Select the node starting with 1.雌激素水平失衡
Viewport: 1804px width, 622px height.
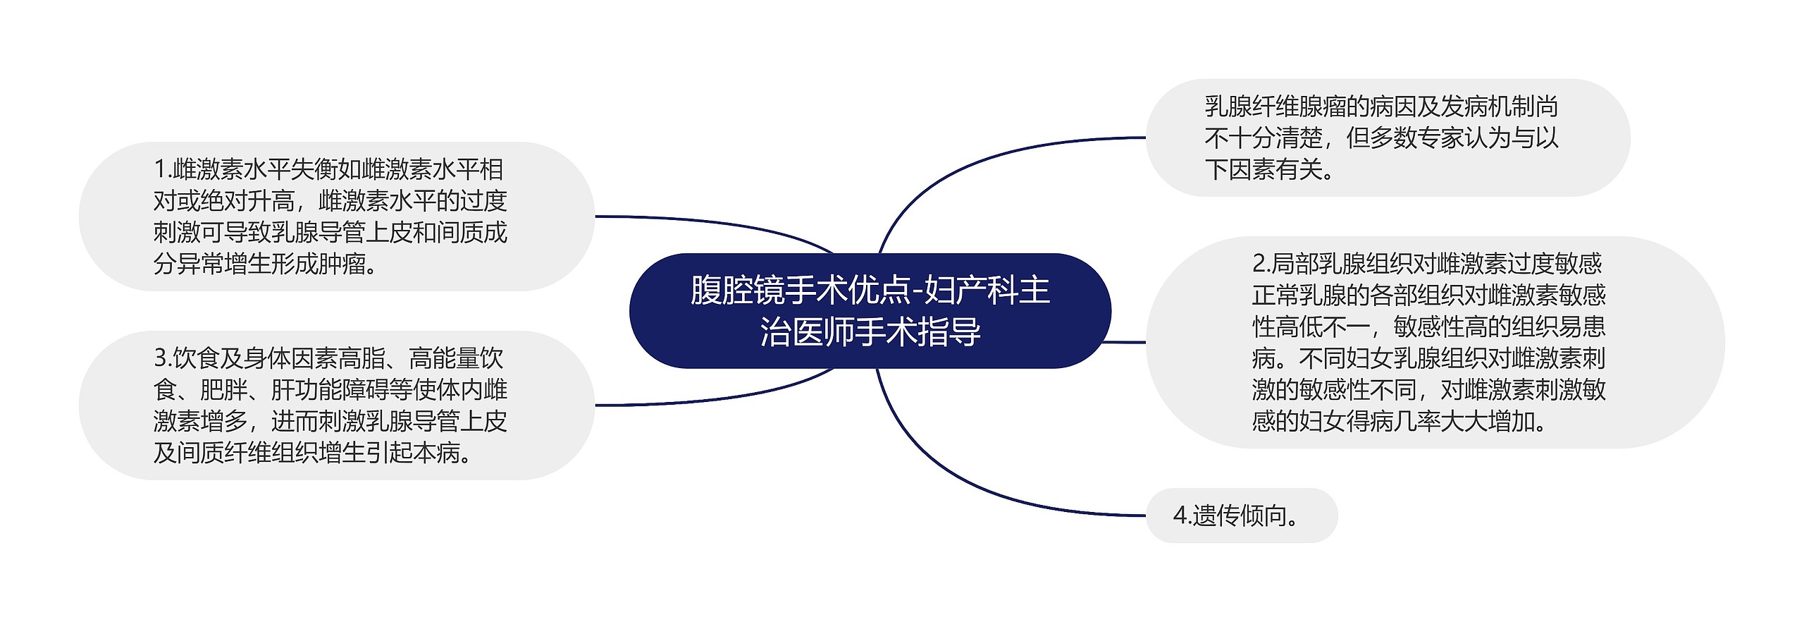coord(330,217)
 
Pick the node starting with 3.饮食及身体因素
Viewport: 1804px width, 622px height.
coord(330,405)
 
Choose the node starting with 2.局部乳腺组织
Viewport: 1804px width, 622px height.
coord(1428,342)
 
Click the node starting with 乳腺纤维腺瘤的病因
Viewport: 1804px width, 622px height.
coord(1381,138)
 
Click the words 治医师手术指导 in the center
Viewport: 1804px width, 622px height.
coord(870,332)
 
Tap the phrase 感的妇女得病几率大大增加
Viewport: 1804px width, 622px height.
coord(1399,422)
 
